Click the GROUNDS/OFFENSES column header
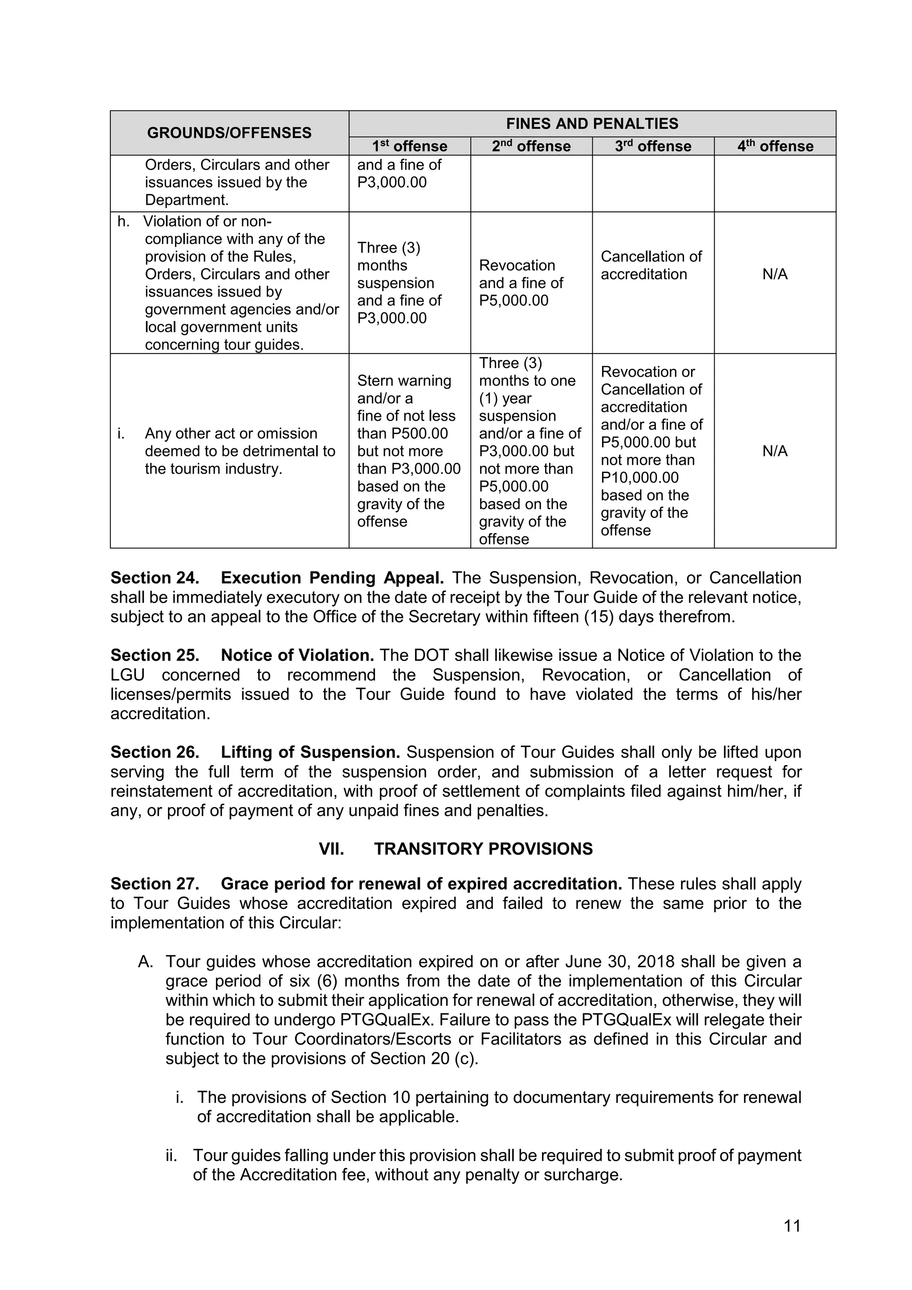[229, 133]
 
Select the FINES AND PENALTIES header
[592, 124]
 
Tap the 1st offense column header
[409, 146]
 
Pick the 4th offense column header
[775, 146]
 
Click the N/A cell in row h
[775, 274]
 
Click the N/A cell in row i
[775, 451]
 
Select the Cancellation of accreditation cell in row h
[651, 265]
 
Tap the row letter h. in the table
[123, 221]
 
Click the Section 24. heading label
[155, 578]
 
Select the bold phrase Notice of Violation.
[297, 656]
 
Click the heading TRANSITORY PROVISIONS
[483, 849]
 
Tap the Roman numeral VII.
[331, 849]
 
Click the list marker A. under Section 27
[146, 962]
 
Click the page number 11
[792, 1226]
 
